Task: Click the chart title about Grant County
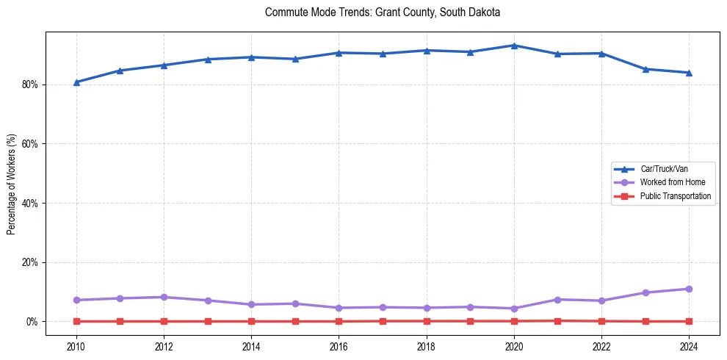coord(383,12)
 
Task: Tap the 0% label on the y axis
coord(32,322)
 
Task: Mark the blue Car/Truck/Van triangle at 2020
coord(514,46)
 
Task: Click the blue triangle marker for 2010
coord(76,82)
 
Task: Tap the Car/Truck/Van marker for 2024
coord(689,73)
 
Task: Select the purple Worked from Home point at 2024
coord(689,289)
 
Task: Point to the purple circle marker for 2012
coord(164,297)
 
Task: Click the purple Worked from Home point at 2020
coord(514,309)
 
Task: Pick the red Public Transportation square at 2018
coord(427,321)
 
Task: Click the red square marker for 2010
coord(76,321)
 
